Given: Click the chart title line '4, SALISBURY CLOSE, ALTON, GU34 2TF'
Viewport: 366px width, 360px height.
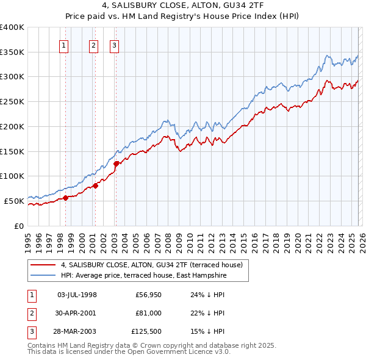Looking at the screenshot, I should tap(183, 6).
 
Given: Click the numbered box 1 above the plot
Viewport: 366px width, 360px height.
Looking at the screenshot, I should tap(65, 45).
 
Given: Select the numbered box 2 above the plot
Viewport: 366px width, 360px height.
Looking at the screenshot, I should tap(93, 45).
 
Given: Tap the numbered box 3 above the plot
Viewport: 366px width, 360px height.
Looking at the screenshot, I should tap(115, 45).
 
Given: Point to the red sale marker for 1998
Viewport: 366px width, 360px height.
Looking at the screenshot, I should tap(65, 197).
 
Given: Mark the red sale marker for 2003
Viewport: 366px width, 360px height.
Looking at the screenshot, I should tap(116, 163).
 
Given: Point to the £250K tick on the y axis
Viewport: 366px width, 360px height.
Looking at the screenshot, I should tap(12, 102).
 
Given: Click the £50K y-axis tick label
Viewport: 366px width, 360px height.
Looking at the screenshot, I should tap(14, 201).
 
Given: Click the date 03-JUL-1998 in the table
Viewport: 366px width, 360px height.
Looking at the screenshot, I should tap(77, 294).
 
